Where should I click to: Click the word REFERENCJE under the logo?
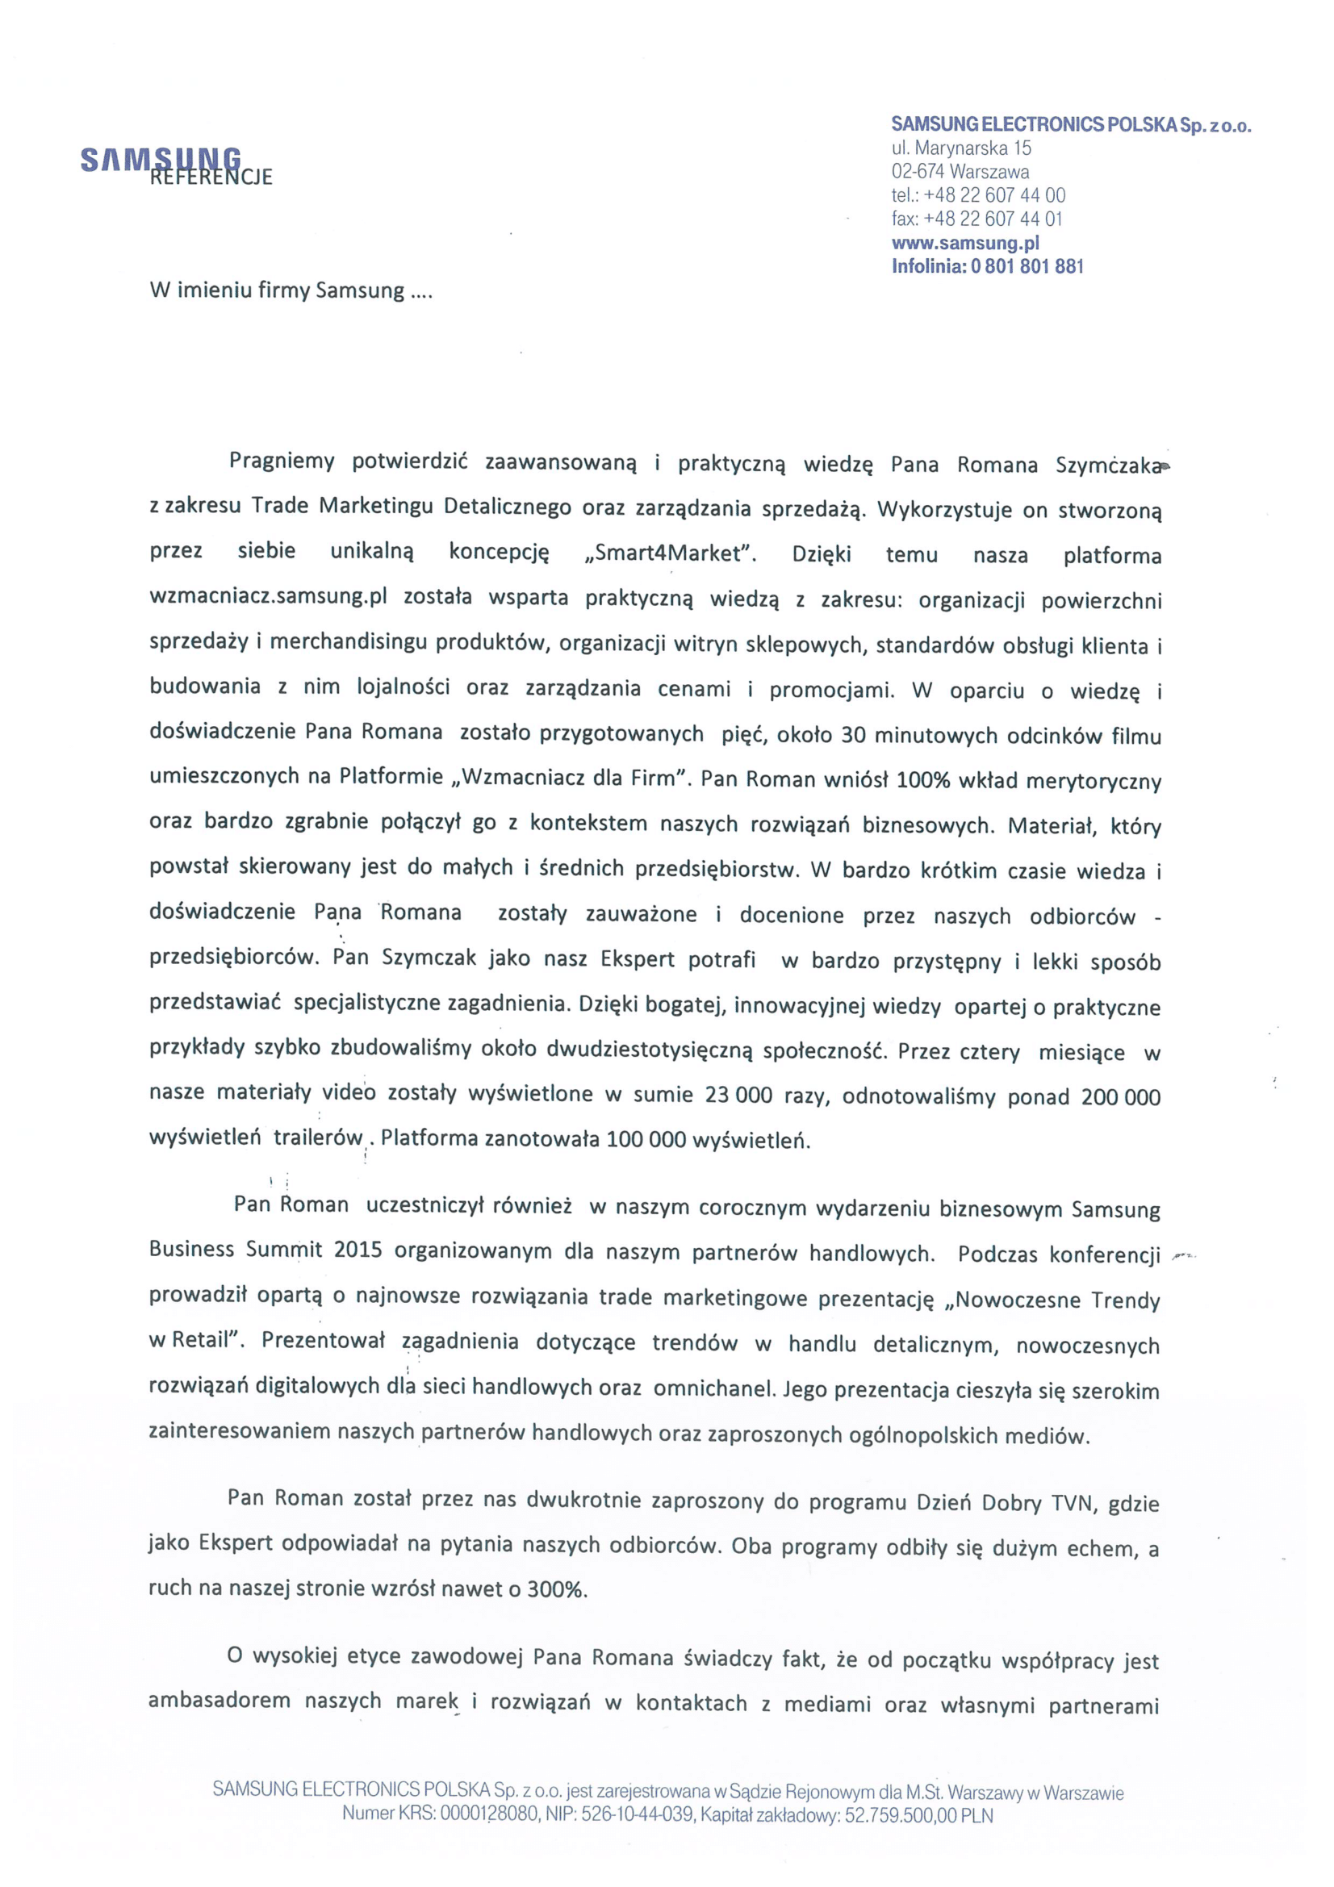211,177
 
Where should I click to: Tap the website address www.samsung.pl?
965,243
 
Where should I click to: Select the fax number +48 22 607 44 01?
993,219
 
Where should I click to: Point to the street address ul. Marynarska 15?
961,148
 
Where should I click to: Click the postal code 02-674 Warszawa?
960,172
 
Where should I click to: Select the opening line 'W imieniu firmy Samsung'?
290,291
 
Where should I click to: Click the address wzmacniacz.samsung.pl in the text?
268,598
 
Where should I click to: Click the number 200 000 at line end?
1120,1096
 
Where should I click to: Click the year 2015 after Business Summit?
358,1250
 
